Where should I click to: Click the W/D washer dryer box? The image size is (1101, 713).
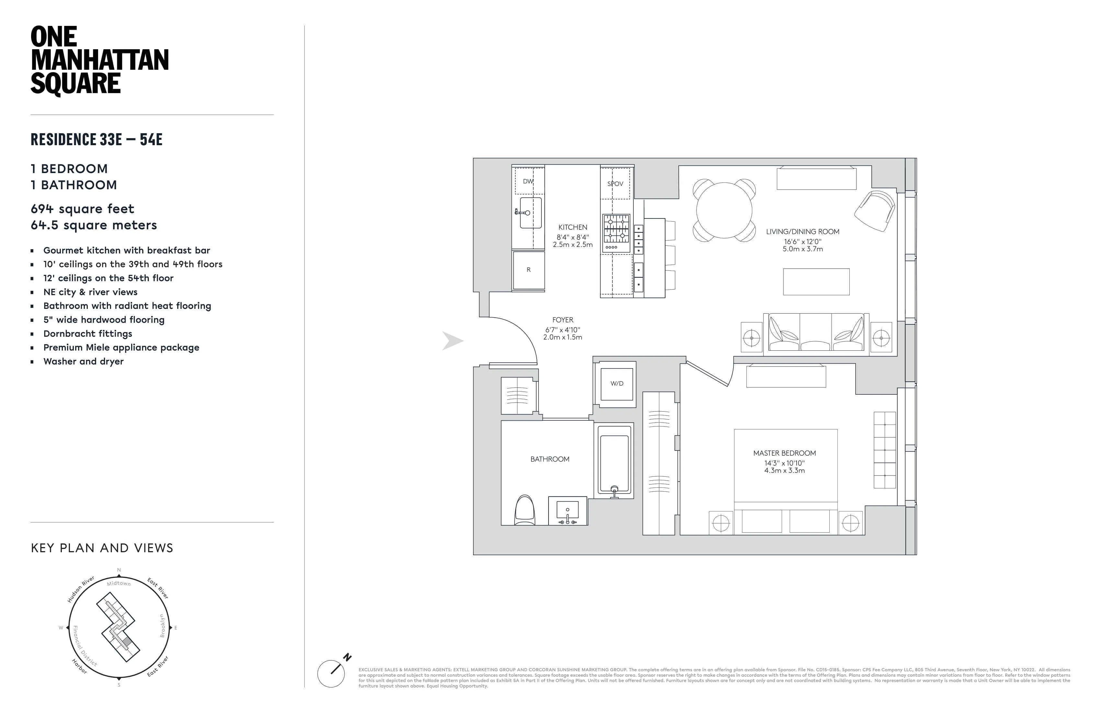point(617,384)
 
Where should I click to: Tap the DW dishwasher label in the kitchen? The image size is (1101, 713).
point(528,181)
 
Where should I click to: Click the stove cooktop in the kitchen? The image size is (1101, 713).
point(616,230)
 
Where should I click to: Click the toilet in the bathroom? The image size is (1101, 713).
point(525,511)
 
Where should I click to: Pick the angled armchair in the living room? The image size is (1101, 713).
point(875,211)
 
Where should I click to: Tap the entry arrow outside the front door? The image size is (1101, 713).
point(452,341)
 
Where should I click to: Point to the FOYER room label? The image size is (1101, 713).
point(562,320)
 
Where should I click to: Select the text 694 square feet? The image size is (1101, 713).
point(82,209)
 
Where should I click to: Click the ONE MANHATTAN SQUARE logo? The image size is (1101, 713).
point(99,60)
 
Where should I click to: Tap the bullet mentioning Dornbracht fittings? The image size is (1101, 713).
point(87,334)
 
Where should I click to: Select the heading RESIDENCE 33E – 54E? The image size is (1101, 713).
point(96,139)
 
